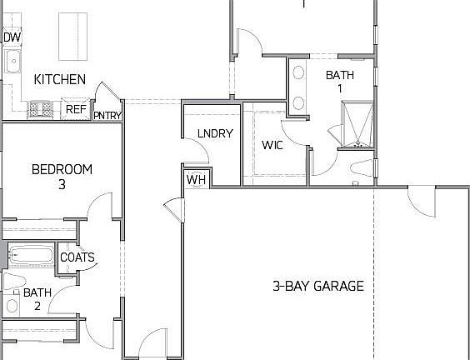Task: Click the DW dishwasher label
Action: click(x=12, y=37)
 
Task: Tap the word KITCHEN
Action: click(x=59, y=80)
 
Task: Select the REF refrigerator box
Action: click(x=76, y=108)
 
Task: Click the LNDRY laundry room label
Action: click(x=215, y=133)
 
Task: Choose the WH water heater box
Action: click(x=196, y=179)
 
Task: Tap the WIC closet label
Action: click(x=273, y=145)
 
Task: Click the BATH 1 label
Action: click(x=339, y=81)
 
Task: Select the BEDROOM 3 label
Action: click(x=62, y=176)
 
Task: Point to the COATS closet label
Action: click(x=77, y=257)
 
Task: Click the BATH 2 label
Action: click(x=37, y=298)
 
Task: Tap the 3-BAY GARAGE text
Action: click(x=318, y=286)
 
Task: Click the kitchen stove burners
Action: click(x=40, y=107)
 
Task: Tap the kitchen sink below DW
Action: click(x=12, y=61)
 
